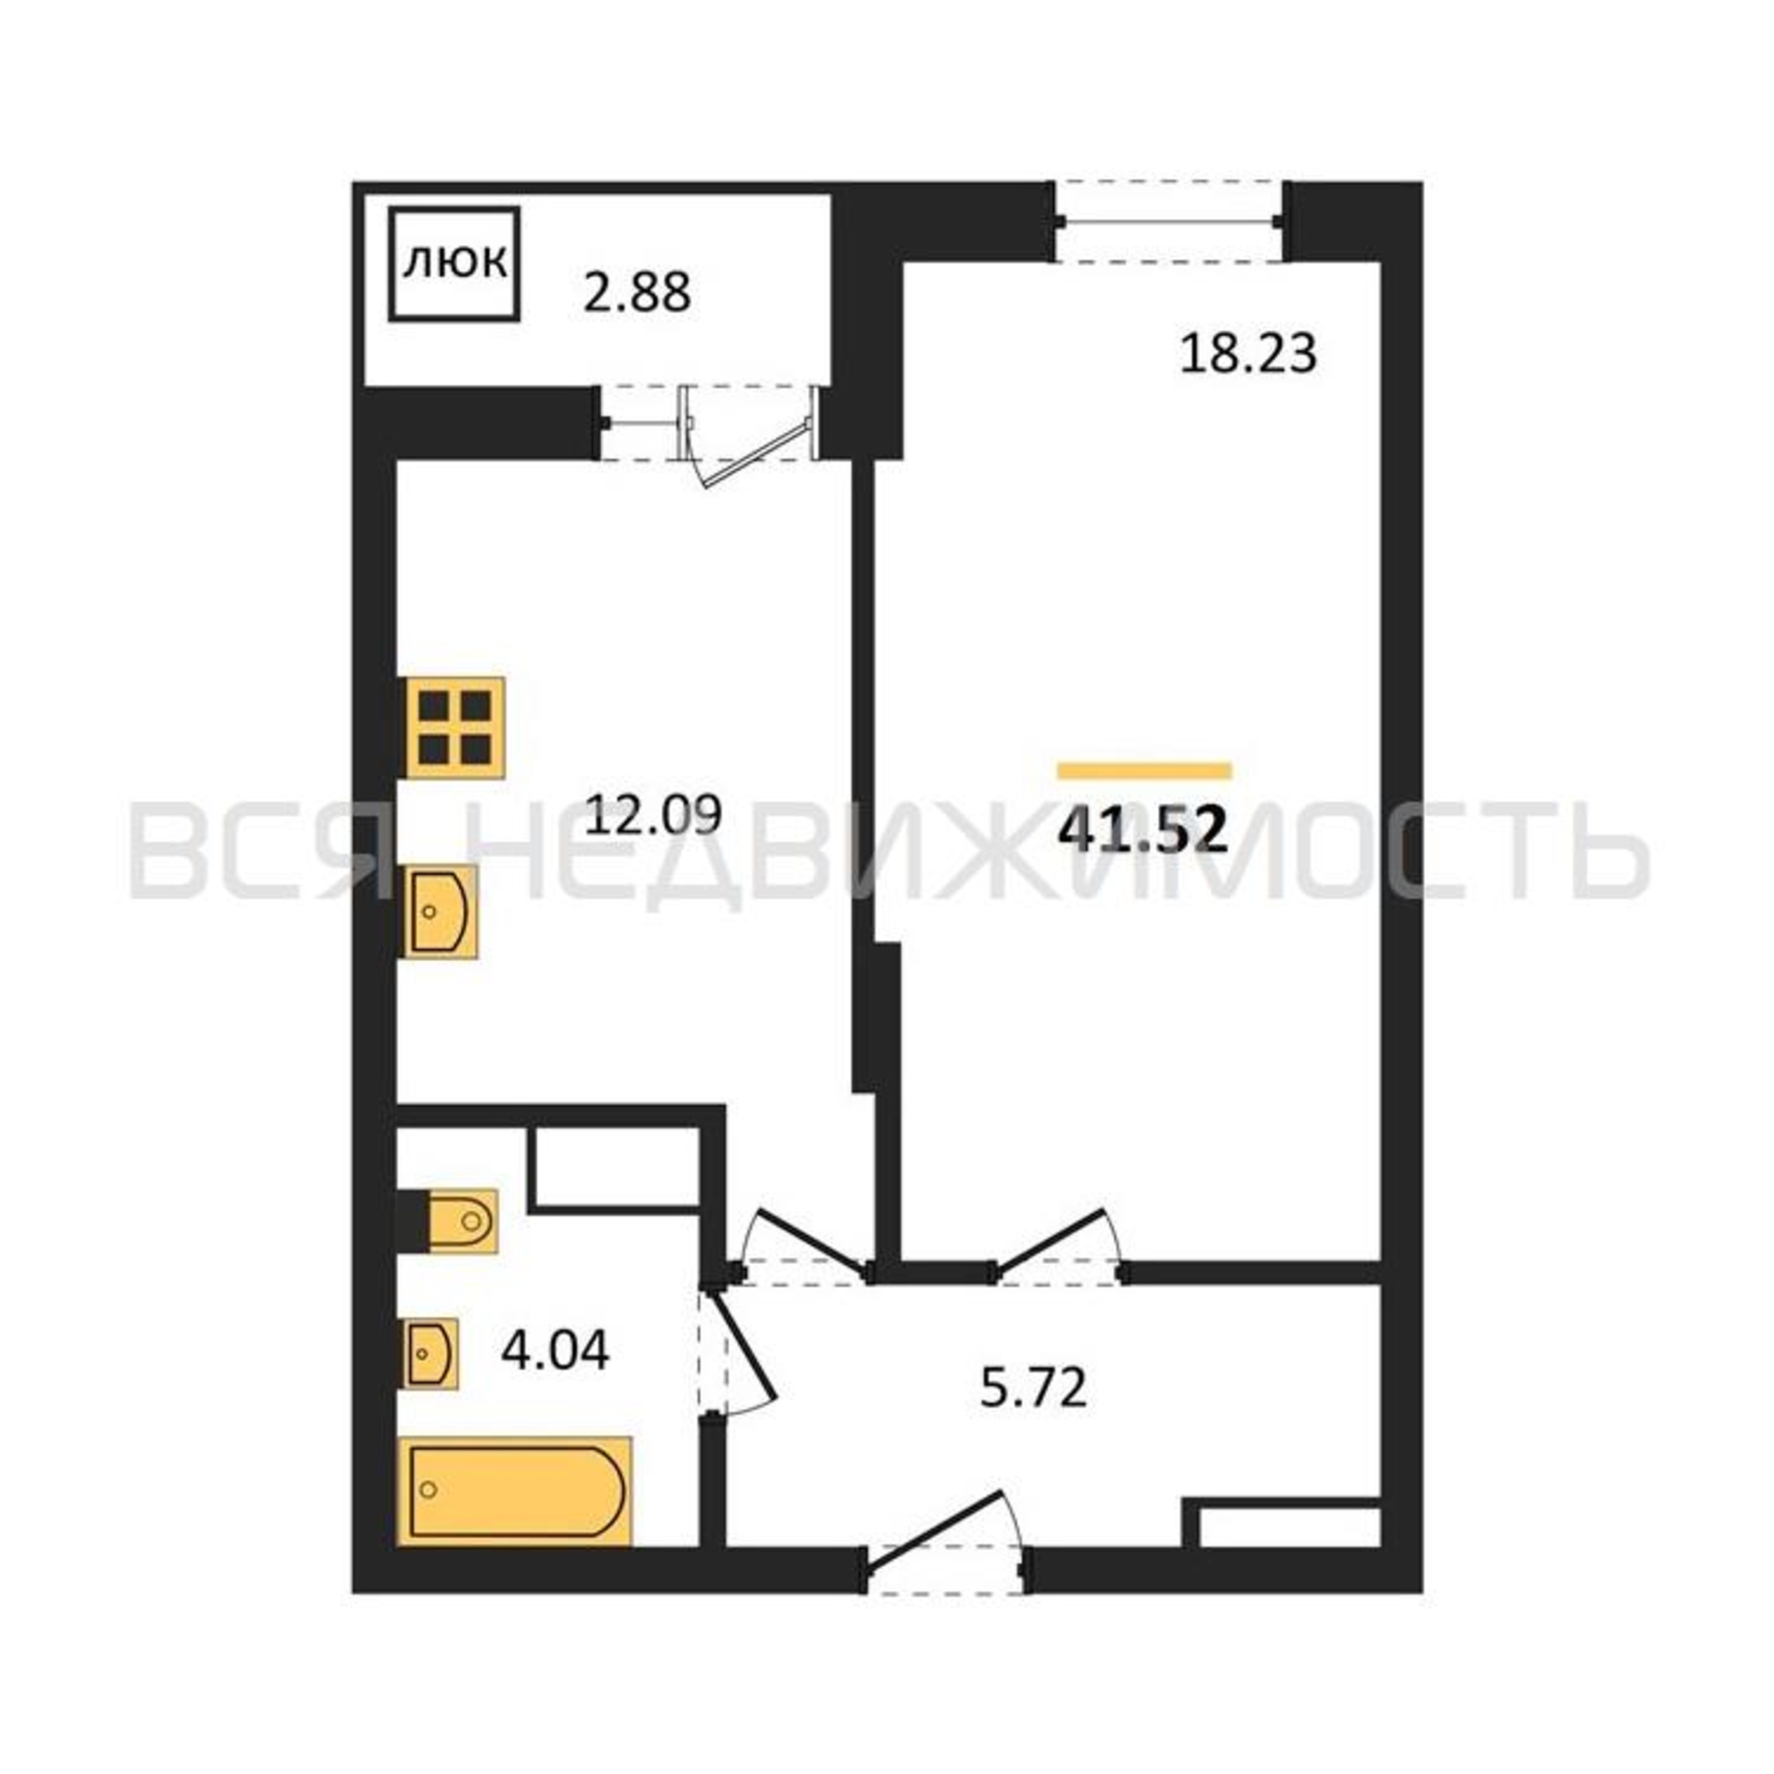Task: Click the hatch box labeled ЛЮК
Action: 454,264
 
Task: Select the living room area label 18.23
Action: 1248,354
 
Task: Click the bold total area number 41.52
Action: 1143,831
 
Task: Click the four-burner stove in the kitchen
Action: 455,727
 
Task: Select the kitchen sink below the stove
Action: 440,912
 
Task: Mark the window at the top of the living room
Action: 1169,223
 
